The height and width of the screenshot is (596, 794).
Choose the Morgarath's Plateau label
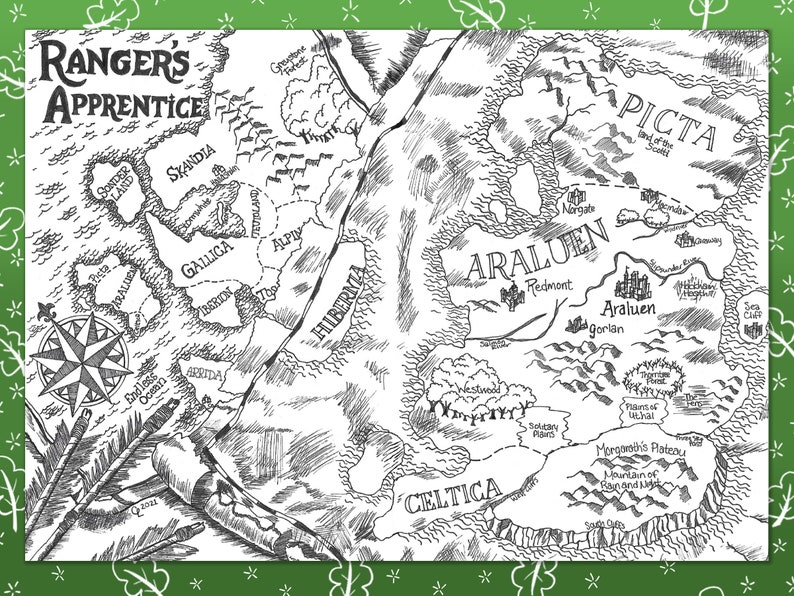point(640,451)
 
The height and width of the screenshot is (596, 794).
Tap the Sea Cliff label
point(757,314)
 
